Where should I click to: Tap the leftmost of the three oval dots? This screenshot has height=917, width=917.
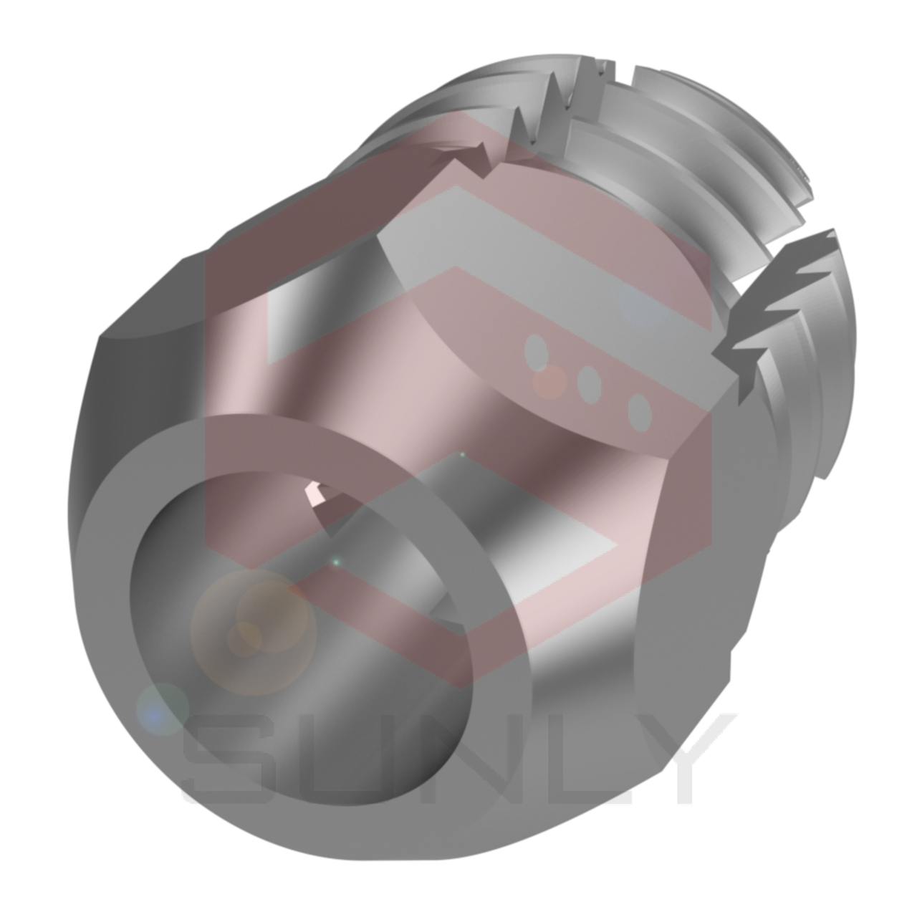click(536, 352)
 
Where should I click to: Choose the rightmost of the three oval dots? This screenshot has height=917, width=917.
click(639, 412)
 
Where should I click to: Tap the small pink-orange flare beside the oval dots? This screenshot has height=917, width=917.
click(550, 381)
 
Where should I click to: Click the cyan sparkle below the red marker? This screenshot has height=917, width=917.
click(335, 563)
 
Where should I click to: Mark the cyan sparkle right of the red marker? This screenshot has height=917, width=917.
click(462, 454)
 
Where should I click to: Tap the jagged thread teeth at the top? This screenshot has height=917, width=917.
click(552, 100)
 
